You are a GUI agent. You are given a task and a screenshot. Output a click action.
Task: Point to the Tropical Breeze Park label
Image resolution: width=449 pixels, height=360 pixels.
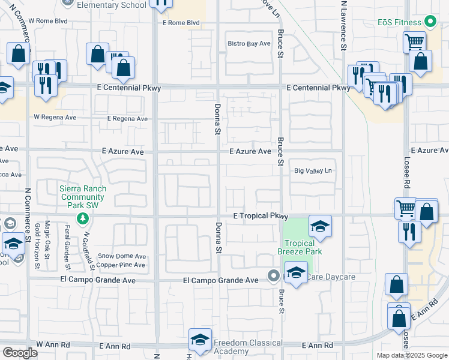pyautogui.click(x=300, y=247)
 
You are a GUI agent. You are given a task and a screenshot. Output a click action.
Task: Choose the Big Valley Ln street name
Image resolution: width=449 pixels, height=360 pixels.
pyautogui.click(x=313, y=171)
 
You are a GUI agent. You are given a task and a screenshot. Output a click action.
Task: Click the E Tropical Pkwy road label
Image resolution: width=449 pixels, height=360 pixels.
pyautogui.click(x=261, y=216)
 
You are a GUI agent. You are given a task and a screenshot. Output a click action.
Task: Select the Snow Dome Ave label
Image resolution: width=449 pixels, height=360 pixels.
pyautogui.click(x=122, y=256)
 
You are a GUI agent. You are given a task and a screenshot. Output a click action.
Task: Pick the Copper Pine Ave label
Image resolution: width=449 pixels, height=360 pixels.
pyautogui.click(x=121, y=265)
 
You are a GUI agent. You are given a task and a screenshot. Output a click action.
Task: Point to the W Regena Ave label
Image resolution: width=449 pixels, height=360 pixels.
pyautogui.click(x=55, y=118)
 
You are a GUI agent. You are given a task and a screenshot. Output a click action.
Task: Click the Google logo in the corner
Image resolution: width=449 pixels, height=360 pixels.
pyautogui.click(x=20, y=353)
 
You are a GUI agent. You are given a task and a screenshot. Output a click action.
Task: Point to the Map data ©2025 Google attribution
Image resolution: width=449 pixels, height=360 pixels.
pyautogui.click(x=411, y=355)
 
